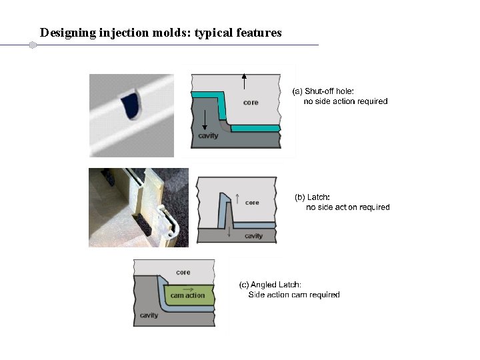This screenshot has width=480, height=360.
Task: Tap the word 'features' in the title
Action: tap(255, 32)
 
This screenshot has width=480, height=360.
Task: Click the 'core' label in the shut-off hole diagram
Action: tap(251, 103)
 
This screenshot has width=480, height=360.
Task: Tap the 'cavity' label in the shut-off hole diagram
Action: tap(208, 136)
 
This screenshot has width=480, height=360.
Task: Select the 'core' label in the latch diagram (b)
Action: tap(252, 202)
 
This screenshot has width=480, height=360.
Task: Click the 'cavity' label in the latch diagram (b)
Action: tap(253, 236)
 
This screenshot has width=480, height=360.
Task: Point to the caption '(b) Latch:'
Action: tap(312, 197)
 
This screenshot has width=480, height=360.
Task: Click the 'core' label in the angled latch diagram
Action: tap(183, 272)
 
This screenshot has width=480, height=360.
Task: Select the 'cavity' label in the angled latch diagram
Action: tap(149, 315)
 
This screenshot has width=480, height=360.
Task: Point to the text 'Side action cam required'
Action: tap(294, 295)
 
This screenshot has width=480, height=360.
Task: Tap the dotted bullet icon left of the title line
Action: tap(31, 45)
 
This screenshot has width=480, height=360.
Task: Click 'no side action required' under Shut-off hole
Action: tap(345, 101)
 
